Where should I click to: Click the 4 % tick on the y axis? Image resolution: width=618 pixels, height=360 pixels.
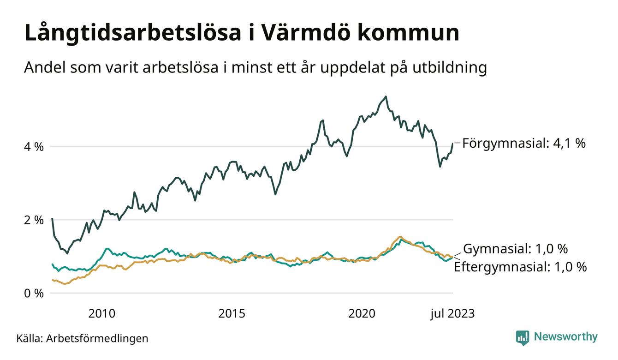click(x=34, y=147)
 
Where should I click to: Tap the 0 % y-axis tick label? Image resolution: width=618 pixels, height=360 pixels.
click(x=34, y=293)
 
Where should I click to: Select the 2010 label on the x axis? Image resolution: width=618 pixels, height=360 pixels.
click(x=102, y=314)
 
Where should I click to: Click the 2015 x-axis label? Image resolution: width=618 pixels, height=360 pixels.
click(x=232, y=314)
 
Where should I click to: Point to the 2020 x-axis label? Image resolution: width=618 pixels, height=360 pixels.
click(x=362, y=314)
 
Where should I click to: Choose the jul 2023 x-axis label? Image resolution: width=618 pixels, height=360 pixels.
click(x=452, y=314)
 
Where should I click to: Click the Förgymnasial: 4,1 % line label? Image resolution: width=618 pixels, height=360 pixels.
click(x=523, y=143)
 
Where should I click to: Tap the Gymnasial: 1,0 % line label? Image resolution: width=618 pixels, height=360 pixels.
click(x=515, y=249)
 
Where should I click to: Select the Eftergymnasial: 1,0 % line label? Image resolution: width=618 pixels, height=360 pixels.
click(x=520, y=267)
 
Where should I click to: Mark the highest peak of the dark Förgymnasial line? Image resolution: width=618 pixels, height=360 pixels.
click(x=386, y=96)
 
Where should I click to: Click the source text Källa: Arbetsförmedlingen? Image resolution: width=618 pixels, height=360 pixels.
click(x=82, y=338)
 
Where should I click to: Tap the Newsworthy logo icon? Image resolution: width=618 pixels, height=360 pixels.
click(x=523, y=337)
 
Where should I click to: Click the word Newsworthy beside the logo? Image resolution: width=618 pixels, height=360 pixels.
click(x=565, y=337)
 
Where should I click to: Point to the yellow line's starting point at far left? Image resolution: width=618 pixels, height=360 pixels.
click(x=53, y=280)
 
